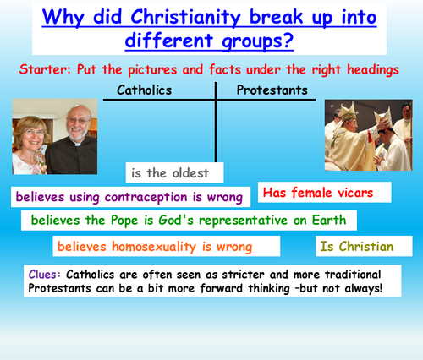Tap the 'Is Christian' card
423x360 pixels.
(x=356, y=247)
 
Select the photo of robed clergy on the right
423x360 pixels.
(x=367, y=130)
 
